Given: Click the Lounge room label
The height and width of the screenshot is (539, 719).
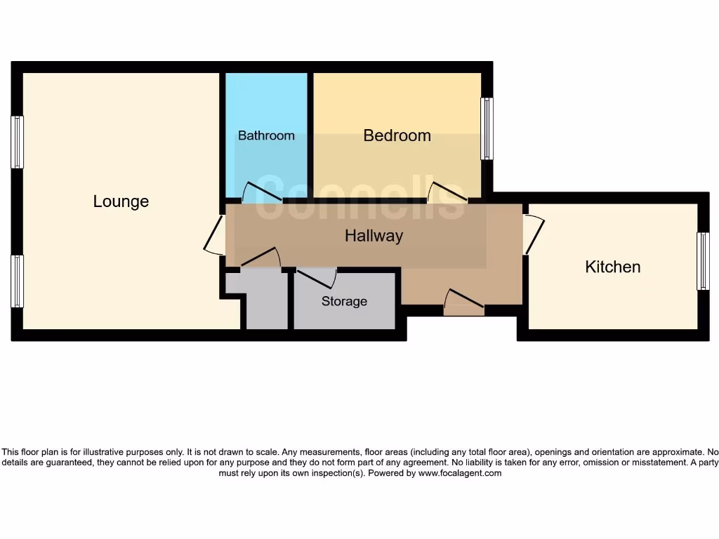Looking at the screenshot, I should click(121, 201).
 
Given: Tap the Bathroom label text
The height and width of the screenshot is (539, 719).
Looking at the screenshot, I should click(266, 135).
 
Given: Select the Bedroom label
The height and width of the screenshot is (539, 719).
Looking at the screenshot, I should click(397, 135).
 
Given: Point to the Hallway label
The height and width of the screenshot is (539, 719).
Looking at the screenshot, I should click(374, 236).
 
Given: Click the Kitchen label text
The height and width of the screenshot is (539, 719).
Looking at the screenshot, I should click(612, 267).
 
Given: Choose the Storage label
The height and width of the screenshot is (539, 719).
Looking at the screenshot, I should click(344, 301).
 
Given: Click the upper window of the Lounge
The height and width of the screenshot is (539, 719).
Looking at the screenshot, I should click(18, 142).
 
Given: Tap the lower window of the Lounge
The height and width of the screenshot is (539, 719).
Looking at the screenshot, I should click(18, 281).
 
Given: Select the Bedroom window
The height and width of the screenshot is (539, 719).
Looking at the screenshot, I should click(486, 128).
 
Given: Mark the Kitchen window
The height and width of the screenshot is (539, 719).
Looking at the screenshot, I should click(702, 261).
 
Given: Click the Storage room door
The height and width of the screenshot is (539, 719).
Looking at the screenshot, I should click(316, 277).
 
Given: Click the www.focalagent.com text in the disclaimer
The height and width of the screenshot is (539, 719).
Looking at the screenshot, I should click(459, 473).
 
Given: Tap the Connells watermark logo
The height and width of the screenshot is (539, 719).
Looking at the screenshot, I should click(359, 197).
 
